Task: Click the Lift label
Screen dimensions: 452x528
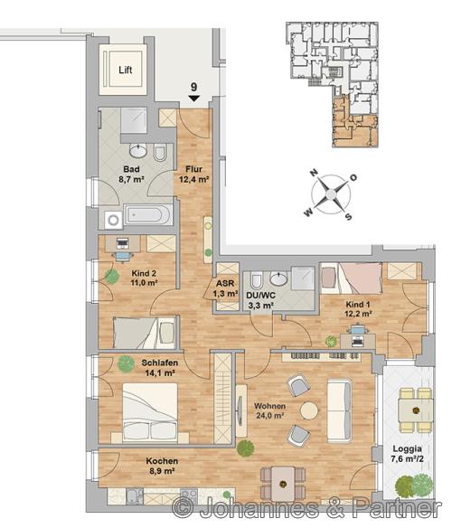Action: coord(126,70)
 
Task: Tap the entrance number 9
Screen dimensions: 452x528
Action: coord(194,87)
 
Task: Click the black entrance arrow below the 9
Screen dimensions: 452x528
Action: coord(194,98)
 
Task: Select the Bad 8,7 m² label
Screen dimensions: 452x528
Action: coord(131,174)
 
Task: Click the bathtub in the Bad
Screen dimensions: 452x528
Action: coord(148,214)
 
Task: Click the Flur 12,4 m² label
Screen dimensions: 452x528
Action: coord(193,174)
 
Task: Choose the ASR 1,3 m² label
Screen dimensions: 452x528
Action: coord(225,288)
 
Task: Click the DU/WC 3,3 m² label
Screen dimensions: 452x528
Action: coord(260,300)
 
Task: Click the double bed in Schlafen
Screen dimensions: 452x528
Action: coord(150,413)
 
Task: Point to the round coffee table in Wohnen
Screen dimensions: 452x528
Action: coord(309,410)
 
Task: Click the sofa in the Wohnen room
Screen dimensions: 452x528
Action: coord(340,410)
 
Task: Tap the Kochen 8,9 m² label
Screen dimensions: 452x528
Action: coord(162,466)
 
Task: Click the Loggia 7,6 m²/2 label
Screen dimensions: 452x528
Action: coord(407,453)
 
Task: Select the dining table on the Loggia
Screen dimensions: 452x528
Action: coord(416,410)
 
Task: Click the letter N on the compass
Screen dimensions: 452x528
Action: coord(314,173)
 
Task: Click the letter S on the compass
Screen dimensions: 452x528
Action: coord(349,217)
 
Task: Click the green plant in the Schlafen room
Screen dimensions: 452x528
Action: coord(126,363)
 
